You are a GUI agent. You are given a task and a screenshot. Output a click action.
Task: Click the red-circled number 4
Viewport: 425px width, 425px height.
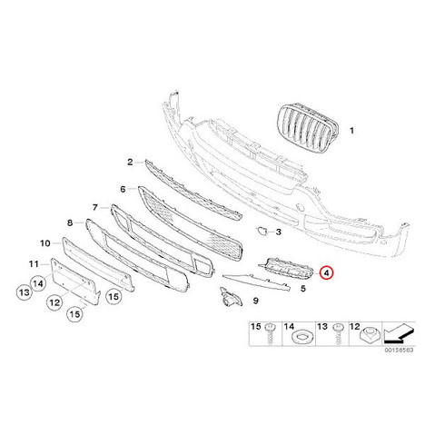pos(326,272)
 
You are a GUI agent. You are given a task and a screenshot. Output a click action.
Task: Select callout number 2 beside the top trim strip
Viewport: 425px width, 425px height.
pos(130,163)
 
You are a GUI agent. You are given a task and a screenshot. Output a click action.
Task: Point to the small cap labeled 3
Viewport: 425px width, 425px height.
pos(261,231)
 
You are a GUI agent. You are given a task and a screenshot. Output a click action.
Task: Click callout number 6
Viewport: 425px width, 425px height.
pos(123,189)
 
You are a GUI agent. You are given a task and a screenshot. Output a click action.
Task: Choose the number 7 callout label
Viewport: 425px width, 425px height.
pos(95,207)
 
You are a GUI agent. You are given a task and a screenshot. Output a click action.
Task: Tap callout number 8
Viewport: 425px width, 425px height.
pos(70,223)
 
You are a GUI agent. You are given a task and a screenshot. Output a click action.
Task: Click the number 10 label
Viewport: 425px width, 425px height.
pos(45,243)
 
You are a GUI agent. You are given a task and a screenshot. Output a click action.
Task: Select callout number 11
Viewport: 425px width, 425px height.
pos(34,264)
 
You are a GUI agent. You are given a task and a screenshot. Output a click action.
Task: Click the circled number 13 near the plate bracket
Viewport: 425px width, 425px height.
pos(25,292)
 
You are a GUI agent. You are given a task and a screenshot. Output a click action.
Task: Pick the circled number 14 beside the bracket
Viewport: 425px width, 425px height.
pos(38,283)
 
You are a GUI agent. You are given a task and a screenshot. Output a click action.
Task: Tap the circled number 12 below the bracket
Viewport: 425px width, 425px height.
pos(54,302)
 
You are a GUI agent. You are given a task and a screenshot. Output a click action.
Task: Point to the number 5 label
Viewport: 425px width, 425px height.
pos(303,289)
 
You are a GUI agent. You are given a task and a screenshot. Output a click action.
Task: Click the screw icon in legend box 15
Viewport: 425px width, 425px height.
pos(270,333)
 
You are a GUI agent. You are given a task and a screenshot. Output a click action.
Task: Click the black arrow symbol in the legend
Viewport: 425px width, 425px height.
pos(399,333)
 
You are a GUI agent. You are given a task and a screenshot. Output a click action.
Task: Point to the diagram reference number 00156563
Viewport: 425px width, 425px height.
pos(399,350)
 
